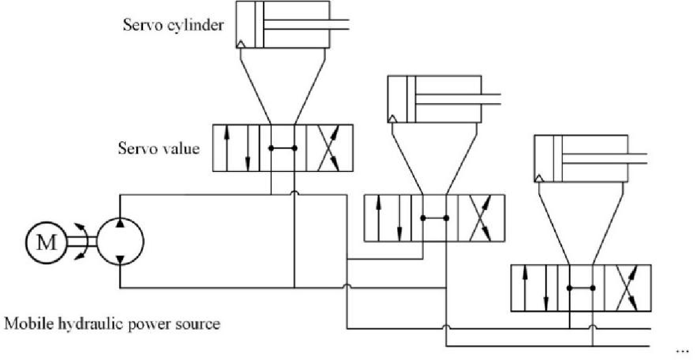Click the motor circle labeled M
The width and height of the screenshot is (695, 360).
tap(46, 243)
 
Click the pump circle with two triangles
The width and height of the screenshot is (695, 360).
tap(119, 243)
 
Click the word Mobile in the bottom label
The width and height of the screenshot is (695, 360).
tap(24, 323)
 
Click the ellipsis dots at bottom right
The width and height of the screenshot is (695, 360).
tap(681, 351)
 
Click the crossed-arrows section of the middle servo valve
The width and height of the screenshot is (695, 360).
tap(481, 218)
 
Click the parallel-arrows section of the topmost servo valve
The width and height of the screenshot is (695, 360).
tap(236, 148)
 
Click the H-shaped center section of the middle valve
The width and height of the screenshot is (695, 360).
tap(435, 218)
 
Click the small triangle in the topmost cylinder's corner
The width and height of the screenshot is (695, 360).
tap(241, 43)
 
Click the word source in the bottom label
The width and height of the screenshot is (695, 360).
tap(199, 323)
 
